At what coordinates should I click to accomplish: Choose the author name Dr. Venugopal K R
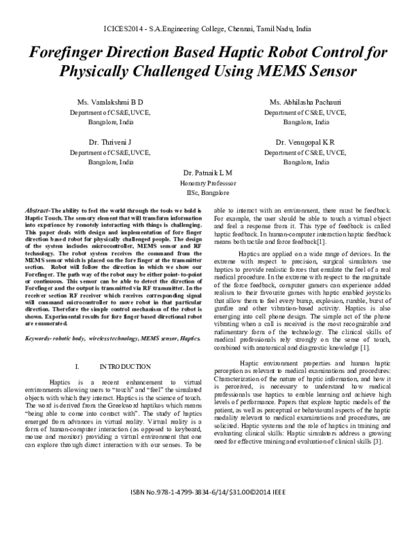tap(304, 141)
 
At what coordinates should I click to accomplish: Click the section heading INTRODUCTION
tap(125, 366)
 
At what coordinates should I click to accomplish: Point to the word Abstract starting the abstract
tap(36, 209)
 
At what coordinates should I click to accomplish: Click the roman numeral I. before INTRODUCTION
tap(76, 366)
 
